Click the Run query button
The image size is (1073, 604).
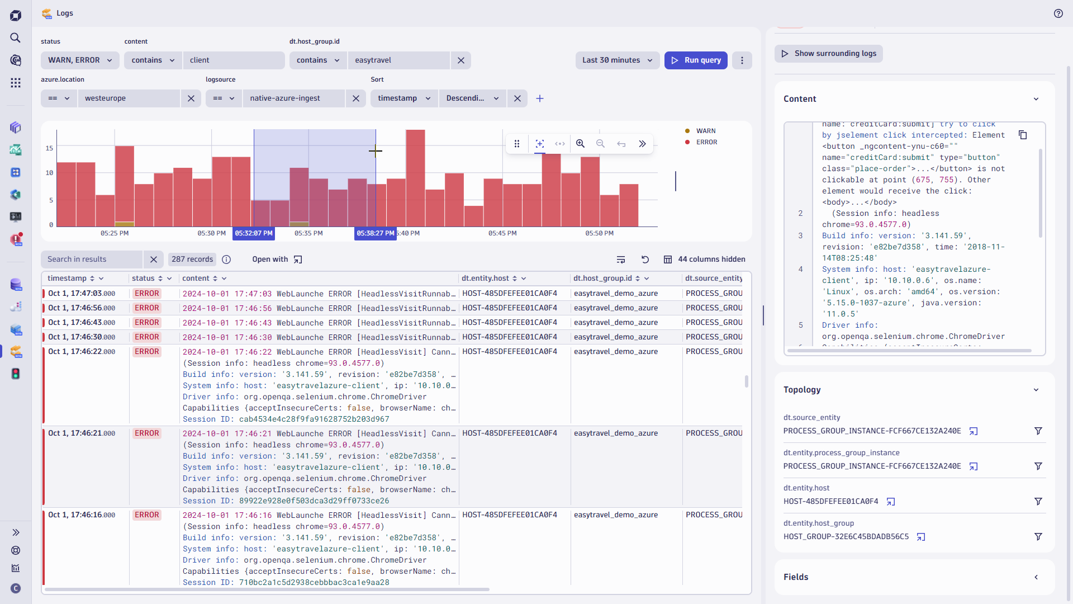click(x=696, y=60)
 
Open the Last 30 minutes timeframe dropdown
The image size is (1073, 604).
click(x=617, y=60)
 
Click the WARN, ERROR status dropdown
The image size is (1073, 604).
click(x=80, y=60)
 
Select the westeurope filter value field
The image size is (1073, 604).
click(x=129, y=98)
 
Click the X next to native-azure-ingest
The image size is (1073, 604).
click(x=356, y=98)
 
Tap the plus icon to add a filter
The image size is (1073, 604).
click(x=540, y=98)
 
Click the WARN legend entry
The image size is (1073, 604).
click(x=705, y=131)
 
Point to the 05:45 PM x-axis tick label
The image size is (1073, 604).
click(x=502, y=233)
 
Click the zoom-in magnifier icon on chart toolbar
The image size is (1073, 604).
click(x=580, y=144)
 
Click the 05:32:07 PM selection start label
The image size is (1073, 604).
click(x=254, y=233)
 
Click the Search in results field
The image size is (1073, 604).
click(x=92, y=259)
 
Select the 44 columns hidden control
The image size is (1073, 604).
click(x=705, y=259)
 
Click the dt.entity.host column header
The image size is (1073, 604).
click(x=485, y=279)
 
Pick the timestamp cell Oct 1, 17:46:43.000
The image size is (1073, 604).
click(x=82, y=323)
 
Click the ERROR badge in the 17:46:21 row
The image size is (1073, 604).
click(x=146, y=433)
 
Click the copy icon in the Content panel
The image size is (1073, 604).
click(x=1022, y=135)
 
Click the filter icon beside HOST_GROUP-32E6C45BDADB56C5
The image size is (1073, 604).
click(x=1038, y=537)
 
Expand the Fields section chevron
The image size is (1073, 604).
click(x=1036, y=577)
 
